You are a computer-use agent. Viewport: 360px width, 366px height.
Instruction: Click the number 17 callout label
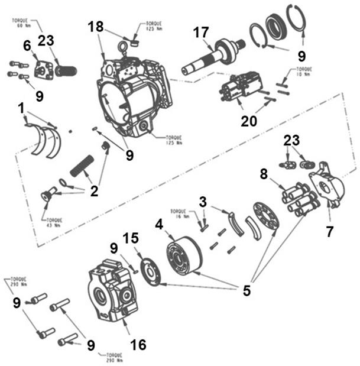(201, 34)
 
